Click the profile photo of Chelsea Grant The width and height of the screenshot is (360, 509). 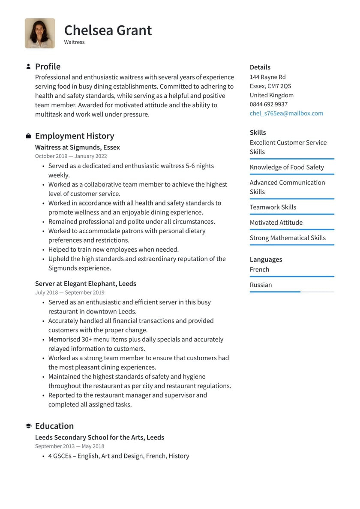coord(40,33)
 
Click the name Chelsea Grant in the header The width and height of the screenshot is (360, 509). coord(108,30)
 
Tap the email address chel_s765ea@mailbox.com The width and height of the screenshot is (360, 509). coord(286,113)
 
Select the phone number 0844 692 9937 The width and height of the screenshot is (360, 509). coord(269,104)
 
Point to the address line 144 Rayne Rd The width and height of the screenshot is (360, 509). coord(267,77)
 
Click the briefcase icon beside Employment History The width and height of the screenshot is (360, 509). coord(28,136)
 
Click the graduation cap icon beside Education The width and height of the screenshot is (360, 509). coord(28,426)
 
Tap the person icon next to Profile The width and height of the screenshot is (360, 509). coord(28,66)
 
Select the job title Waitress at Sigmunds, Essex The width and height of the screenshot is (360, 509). coord(78,147)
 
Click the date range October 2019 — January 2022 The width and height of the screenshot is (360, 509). coord(71,157)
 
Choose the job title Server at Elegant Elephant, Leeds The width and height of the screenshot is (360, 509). coord(86,283)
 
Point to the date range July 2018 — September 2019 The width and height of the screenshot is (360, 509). coord(70,292)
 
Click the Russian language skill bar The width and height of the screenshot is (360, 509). coord(291,292)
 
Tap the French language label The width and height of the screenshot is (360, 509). coord(259,269)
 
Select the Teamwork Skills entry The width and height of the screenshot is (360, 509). coord(273,207)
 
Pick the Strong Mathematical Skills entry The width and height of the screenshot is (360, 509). coord(288,238)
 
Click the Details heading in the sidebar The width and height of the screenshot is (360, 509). coord(260,67)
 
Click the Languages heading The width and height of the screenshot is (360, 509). coord(266,259)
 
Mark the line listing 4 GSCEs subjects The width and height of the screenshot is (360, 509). coord(118,456)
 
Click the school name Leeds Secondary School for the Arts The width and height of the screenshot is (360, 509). coord(99,437)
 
